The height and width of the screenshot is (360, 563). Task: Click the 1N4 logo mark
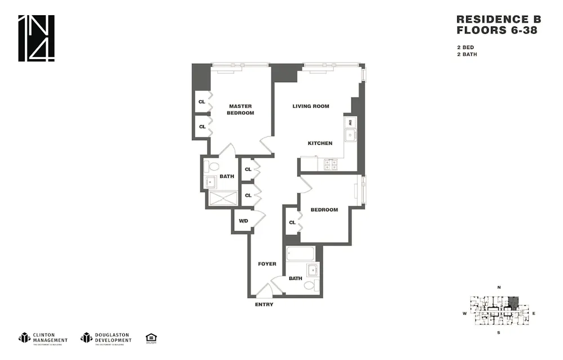37,38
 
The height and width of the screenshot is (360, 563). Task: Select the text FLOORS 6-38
496,30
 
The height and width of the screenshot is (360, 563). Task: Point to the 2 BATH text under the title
467,55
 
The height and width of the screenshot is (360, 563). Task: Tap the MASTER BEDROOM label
240,109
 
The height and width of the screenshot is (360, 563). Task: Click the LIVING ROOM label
311,106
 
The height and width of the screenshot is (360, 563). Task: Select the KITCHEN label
320,143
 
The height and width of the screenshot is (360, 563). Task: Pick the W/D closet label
243,221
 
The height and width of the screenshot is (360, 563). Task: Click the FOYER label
267,264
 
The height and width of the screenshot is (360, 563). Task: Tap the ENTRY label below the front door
264,305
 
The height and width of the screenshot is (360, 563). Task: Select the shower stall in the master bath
220,198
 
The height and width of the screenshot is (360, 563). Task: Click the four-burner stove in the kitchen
330,164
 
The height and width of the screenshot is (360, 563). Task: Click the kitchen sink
350,135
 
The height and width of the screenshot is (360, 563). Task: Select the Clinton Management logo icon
24,337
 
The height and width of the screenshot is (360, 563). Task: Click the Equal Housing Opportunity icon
151,337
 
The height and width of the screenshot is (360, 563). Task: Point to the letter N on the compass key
499,288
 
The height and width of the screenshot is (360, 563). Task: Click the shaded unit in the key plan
513,303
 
